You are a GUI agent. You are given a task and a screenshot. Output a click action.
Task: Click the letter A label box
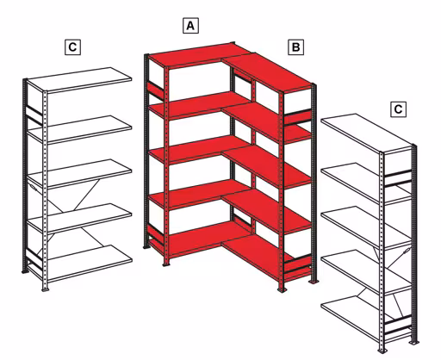pos(191,26)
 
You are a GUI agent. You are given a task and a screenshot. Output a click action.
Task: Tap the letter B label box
pos(295,47)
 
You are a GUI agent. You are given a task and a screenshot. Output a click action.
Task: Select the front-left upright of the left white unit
pos(27,172)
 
